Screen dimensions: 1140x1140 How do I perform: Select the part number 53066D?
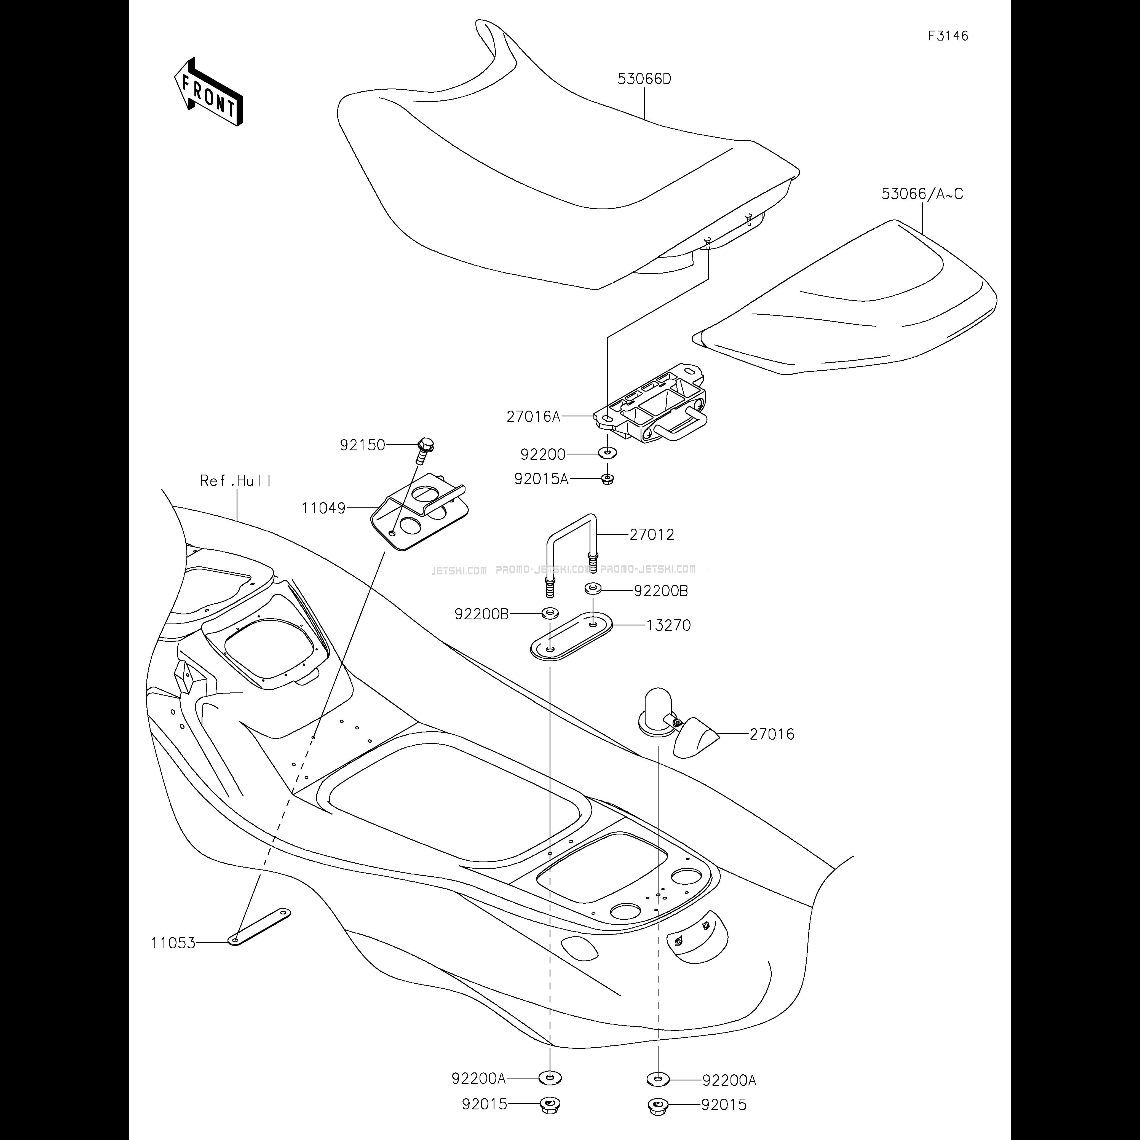(644, 79)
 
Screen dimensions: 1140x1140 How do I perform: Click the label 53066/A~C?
(922, 194)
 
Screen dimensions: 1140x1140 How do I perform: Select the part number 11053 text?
(173, 943)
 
